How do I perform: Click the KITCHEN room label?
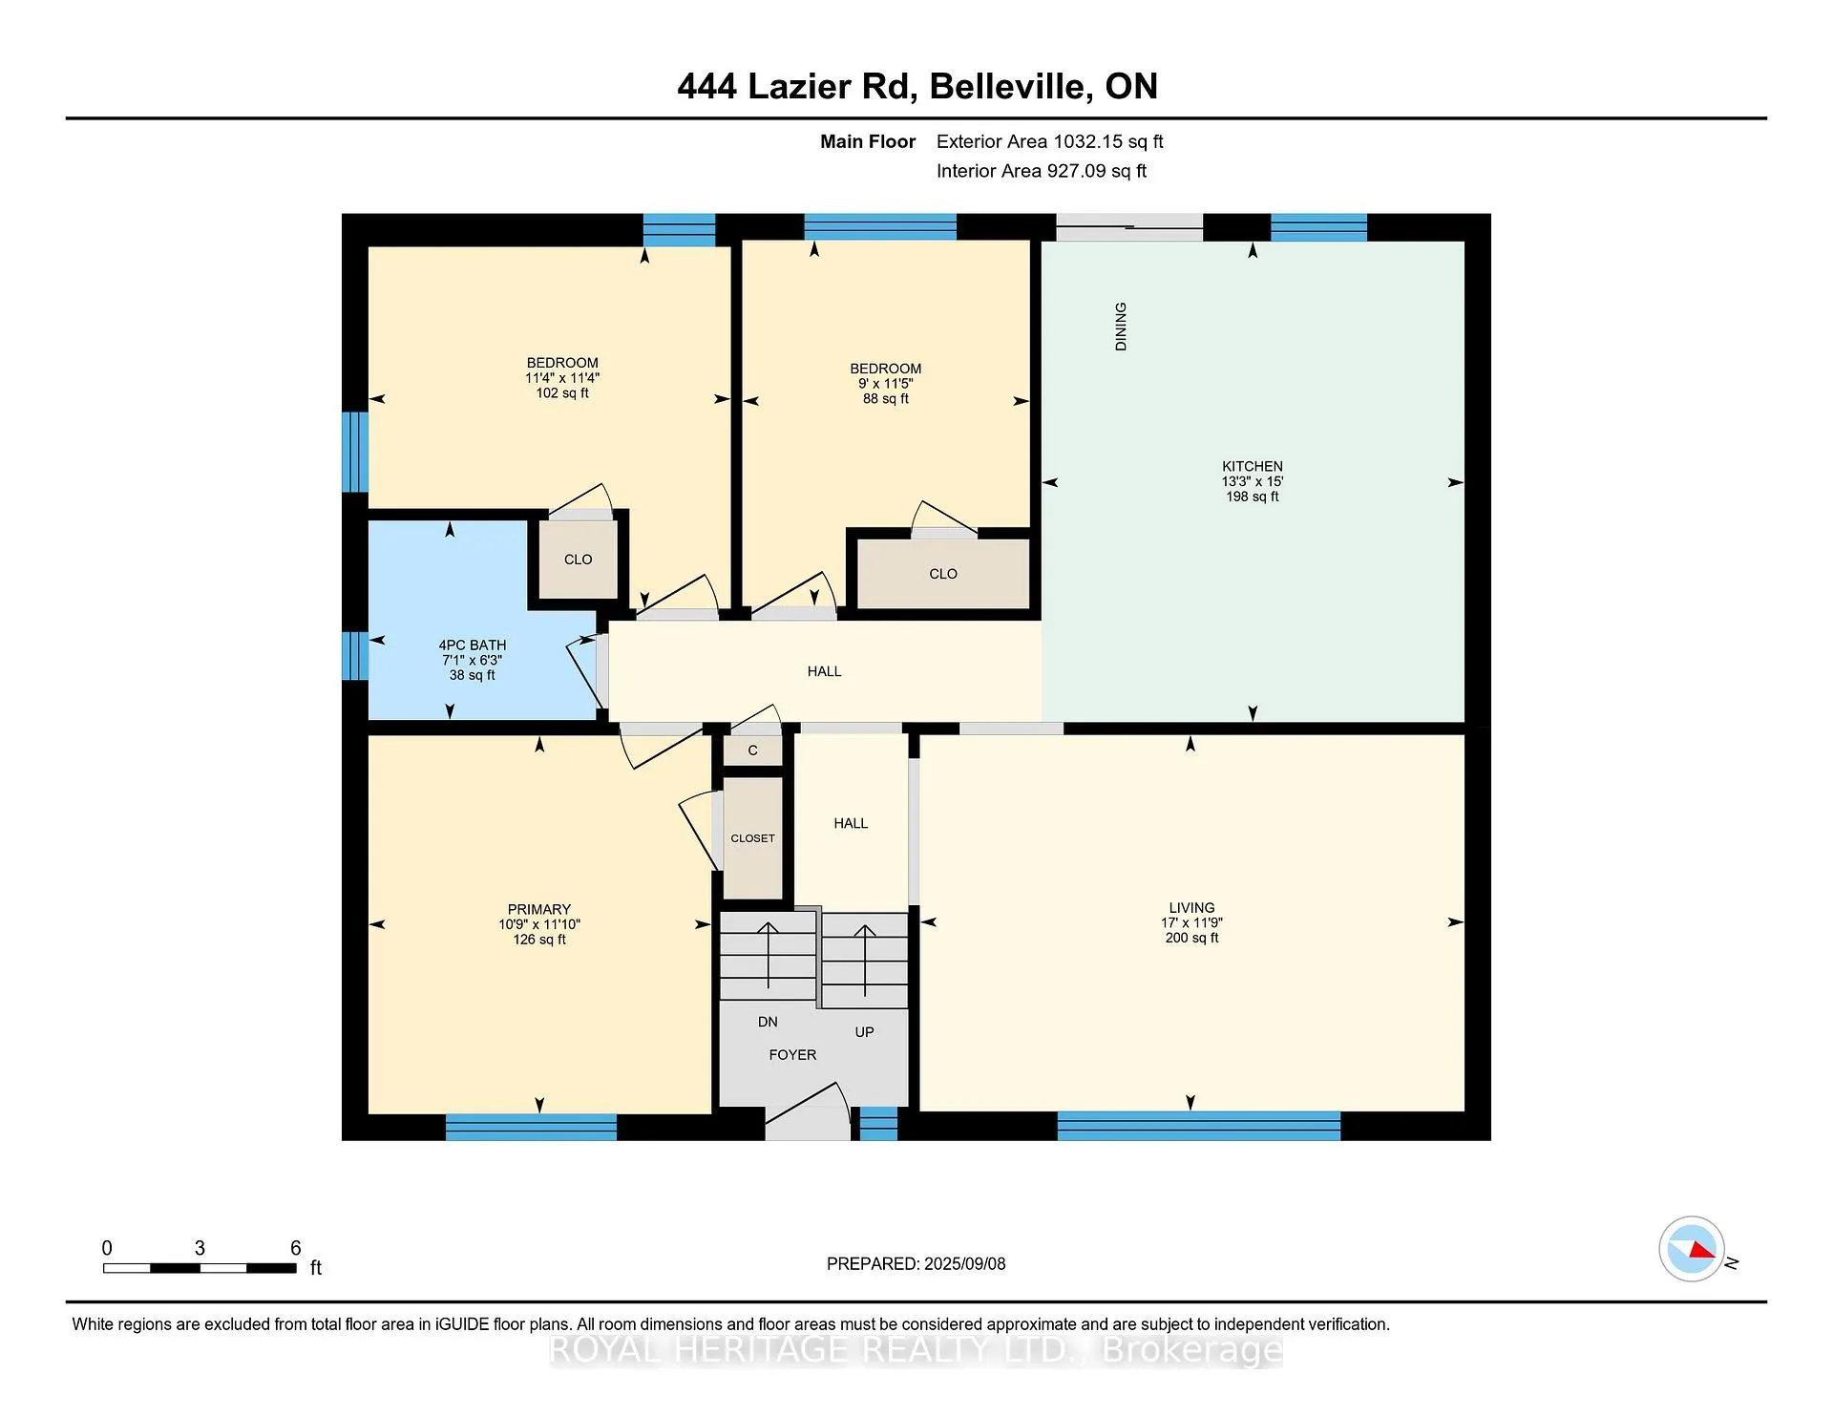pyautogui.click(x=1253, y=467)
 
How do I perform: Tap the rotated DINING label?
pyautogui.click(x=1121, y=327)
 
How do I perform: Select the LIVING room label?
pyautogui.click(x=1191, y=908)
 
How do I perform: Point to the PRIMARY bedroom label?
pyautogui.click(x=539, y=910)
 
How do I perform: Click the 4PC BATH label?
pyautogui.click(x=473, y=645)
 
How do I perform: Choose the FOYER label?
pyautogui.click(x=792, y=1055)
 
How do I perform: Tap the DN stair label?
pyautogui.click(x=768, y=1022)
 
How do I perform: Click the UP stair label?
pyautogui.click(x=864, y=1032)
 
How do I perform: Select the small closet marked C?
pyautogui.click(x=752, y=751)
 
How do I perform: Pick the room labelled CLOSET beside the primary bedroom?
pyautogui.click(x=752, y=838)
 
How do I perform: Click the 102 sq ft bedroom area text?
pyautogui.click(x=562, y=393)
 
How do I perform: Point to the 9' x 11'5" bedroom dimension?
pyautogui.click(x=885, y=384)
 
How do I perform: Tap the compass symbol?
pyautogui.click(x=1692, y=1249)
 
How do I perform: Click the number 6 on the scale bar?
pyautogui.click(x=296, y=1248)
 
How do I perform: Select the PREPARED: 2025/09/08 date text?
pyautogui.click(x=916, y=1264)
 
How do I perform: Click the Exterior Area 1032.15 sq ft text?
pyautogui.click(x=1049, y=142)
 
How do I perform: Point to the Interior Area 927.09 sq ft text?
pyautogui.click(x=1042, y=171)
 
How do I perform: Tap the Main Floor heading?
pyautogui.click(x=868, y=142)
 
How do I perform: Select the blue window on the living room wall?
pyautogui.click(x=1199, y=1126)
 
